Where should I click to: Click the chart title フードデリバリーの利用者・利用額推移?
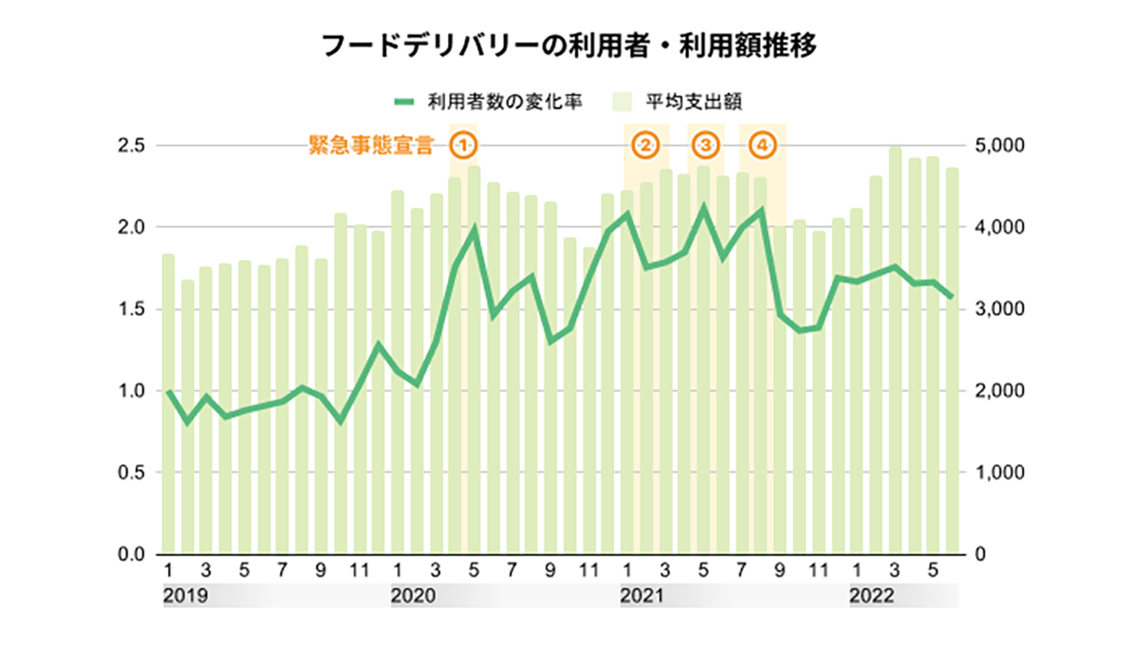tap(568, 46)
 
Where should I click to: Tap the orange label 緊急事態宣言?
tap(372, 145)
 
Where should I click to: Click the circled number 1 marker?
tap(464, 144)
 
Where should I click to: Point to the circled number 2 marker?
tap(645, 144)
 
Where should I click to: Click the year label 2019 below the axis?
tap(185, 597)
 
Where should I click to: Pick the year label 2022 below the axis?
tap(872, 597)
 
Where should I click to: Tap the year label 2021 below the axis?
tap(643, 597)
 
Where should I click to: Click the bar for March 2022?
tap(895, 350)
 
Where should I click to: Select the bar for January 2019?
tap(168, 402)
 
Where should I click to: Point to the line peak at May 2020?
tap(474, 228)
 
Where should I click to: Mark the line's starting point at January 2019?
tap(168, 391)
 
